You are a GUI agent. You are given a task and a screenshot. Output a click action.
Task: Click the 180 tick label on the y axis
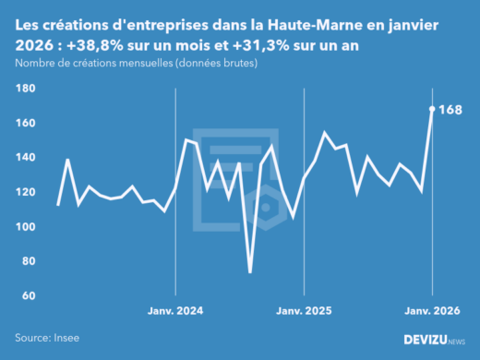tap(25, 89)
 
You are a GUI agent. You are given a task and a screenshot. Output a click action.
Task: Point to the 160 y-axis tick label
tap(25, 123)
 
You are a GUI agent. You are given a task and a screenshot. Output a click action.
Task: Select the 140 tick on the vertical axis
tap(25, 158)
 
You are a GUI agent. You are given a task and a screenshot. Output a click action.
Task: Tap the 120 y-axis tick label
tap(25, 192)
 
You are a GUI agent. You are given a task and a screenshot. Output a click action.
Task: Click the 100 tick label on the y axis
tap(25, 227)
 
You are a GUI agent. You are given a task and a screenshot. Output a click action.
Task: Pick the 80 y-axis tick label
tap(28, 261)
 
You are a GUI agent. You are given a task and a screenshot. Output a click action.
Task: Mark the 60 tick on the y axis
tap(28, 295)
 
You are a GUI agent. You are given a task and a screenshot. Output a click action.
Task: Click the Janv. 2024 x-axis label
tap(175, 311)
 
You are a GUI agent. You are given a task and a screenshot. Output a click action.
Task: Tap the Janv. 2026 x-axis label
tap(432, 311)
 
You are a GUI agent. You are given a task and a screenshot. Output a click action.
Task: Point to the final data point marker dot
tap(433, 109)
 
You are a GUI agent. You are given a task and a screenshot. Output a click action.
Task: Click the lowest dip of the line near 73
tap(250, 271)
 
